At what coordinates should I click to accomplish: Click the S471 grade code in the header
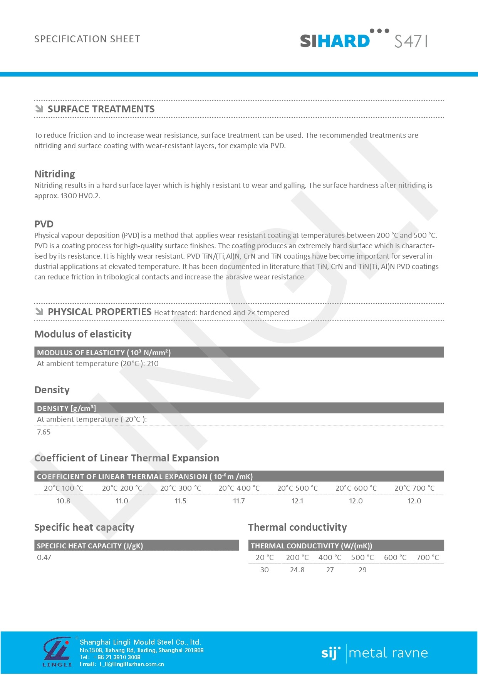[x=411, y=41]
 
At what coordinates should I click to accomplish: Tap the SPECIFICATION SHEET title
[x=87, y=39]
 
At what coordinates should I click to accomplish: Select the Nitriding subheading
[x=55, y=174]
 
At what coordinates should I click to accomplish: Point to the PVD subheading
[x=44, y=224]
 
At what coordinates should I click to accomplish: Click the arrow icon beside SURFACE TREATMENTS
[x=39, y=109]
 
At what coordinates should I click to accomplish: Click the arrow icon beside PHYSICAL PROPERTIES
[x=39, y=312]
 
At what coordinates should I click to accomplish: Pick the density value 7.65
[x=44, y=432]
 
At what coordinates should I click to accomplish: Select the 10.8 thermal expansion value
[x=64, y=501]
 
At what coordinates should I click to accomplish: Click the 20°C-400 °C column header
[x=239, y=488]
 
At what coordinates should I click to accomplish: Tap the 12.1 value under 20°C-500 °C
[x=297, y=501]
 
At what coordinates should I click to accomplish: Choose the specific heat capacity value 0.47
[x=44, y=557]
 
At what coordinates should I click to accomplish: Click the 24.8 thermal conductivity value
[x=297, y=570]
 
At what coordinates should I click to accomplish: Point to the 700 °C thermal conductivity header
[x=428, y=557]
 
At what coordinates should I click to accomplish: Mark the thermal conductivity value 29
[x=362, y=570]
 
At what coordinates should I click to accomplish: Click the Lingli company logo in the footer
[x=57, y=651]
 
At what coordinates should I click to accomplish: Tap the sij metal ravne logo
[x=374, y=653]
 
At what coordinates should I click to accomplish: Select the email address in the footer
[x=132, y=664]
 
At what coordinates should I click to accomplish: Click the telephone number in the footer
[x=117, y=657]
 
